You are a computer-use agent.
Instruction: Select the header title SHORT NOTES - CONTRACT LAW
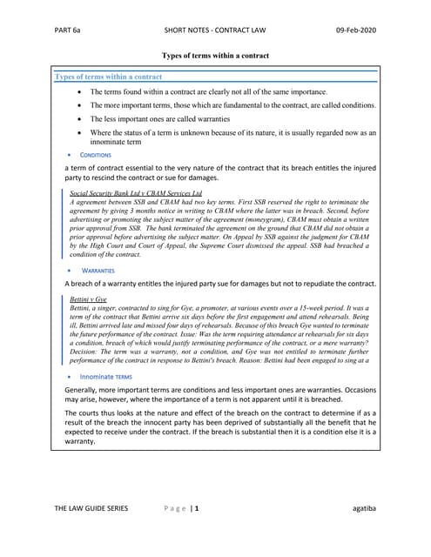[x=216, y=30]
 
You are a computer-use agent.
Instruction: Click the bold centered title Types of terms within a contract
[x=215, y=56]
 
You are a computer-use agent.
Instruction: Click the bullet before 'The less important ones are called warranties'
[x=81, y=118]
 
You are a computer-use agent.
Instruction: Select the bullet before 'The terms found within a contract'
[x=81, y=91]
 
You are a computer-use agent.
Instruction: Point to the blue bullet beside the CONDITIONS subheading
[x=70, y=154]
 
